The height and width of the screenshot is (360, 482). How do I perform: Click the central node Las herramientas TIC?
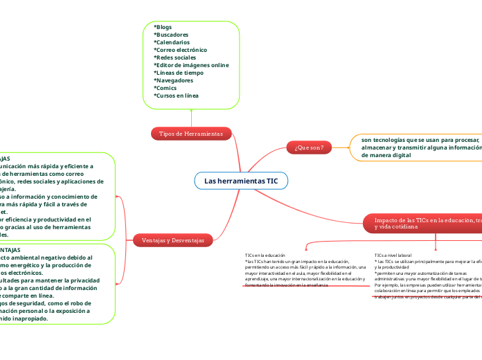click(240, 181)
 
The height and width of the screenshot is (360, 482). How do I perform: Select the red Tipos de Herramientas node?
click(191, 133)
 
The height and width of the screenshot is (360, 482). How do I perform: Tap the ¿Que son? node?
click(309, 147)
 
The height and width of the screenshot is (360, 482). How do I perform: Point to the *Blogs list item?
click(163, 27)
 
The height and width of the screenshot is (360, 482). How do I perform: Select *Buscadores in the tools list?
click(171, 35)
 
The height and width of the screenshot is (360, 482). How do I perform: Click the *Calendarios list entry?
click(173, 42)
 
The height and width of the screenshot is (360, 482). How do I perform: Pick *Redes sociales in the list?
click(175, 57)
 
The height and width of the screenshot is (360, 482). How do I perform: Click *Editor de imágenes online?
click(191, 65)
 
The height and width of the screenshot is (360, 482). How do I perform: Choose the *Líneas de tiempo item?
click(179, 73)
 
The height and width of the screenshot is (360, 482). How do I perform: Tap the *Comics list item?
click(166, 88)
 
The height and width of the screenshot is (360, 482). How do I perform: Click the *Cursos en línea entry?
click(176, 96)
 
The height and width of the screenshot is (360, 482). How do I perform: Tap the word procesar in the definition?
click(463, 140)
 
